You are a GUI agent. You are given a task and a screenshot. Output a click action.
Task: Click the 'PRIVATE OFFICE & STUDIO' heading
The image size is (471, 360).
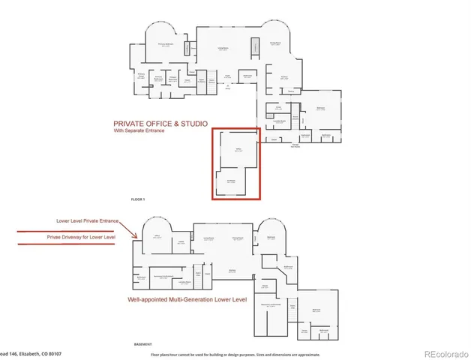[x=159, y=123]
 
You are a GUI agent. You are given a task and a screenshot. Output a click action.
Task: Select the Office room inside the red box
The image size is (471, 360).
[x=238, y=151]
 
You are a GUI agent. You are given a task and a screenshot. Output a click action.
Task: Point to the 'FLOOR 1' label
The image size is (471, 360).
[x=137, y=199]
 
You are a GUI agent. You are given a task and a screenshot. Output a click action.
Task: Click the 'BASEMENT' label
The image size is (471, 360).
[x=143, y=344]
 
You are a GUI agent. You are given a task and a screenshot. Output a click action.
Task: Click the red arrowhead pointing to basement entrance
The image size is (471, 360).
[x=136, y=238]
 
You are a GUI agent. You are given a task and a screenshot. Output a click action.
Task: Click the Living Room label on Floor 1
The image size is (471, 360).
[x=223, y=50]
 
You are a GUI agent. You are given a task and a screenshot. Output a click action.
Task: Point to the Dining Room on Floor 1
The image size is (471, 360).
[x=275, y=44]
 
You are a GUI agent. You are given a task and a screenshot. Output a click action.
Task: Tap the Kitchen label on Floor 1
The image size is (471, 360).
[x=284, y=77]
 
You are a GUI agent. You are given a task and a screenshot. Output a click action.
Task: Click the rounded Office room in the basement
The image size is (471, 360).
[x=159, y=237]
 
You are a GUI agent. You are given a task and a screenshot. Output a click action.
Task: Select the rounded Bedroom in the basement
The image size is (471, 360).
[x=271, y=238]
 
